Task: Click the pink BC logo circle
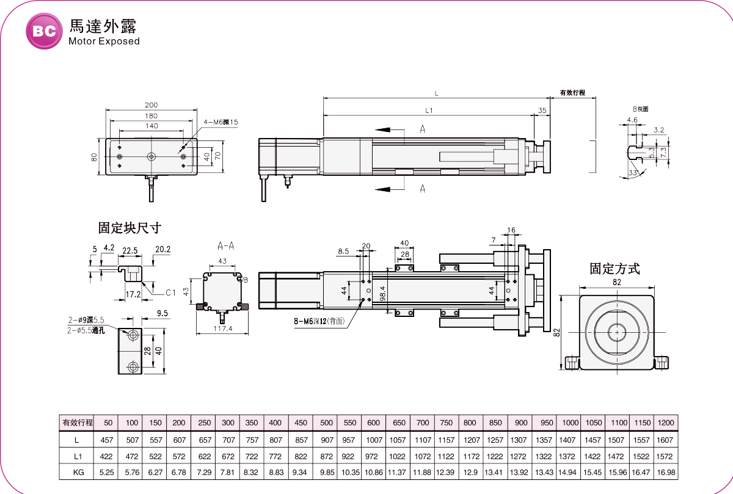pos(44,31)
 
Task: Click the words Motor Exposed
pos(104,42)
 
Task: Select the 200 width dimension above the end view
pos(151,105)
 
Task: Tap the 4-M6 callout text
pos(221,122)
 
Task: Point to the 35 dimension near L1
pos(542,111)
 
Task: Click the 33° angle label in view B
pos(633,173)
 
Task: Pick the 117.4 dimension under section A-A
pos(223,329)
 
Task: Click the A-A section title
pos(226,246)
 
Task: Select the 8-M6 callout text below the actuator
pos(319,321)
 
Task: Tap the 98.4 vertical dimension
pos(382,294)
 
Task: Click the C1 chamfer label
pos(170,292)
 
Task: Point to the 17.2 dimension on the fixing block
pos(133,294)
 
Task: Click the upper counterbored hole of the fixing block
pos(133,335)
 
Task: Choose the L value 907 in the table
pos(327,440)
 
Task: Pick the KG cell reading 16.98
pos(666,473)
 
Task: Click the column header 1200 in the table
pos(666,423)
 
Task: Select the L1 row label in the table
pos(78,456)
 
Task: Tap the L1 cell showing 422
pos(106,456)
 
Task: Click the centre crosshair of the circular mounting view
pos(617,332)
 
